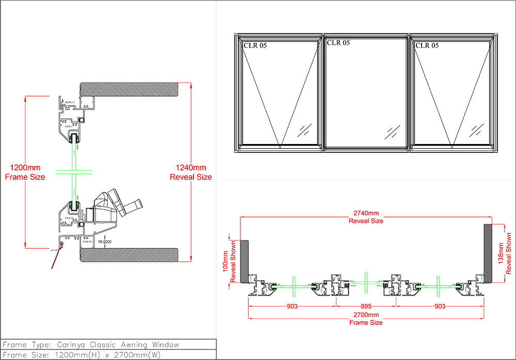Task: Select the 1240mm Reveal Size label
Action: pos(191,172)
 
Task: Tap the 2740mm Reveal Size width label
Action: pos(366,216)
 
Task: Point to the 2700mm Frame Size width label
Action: pos(366,318)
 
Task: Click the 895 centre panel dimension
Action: pos(366,306)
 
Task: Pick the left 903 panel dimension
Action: pos(293,306)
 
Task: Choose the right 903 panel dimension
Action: pos(439,306)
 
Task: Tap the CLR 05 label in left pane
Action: pos(255,45)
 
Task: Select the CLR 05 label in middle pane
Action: pos(338,43)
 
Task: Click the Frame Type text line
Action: pos(91,345)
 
